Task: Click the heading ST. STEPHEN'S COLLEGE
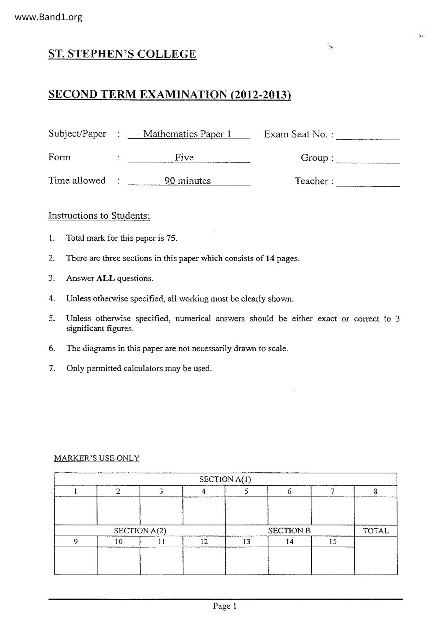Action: coord(122,54)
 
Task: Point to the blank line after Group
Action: coord(368,159)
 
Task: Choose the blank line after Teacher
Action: coord(368,182)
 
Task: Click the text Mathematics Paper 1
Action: coord(187,134)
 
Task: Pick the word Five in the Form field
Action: coord(184,157)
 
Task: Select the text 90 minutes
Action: coord(187,181)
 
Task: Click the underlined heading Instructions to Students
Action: coord(99,216)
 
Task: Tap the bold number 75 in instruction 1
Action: coord(171,238)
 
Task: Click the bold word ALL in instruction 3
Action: coord(106,279)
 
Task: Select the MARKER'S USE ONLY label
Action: coord(97,458)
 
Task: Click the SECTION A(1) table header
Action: coord(225,480)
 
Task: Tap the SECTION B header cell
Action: coord(289,531)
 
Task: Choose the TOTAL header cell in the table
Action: coord(376,531)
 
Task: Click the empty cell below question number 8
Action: coord(376,511)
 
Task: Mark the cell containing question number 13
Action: coord(247,542)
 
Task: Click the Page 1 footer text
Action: coord(225,606)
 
